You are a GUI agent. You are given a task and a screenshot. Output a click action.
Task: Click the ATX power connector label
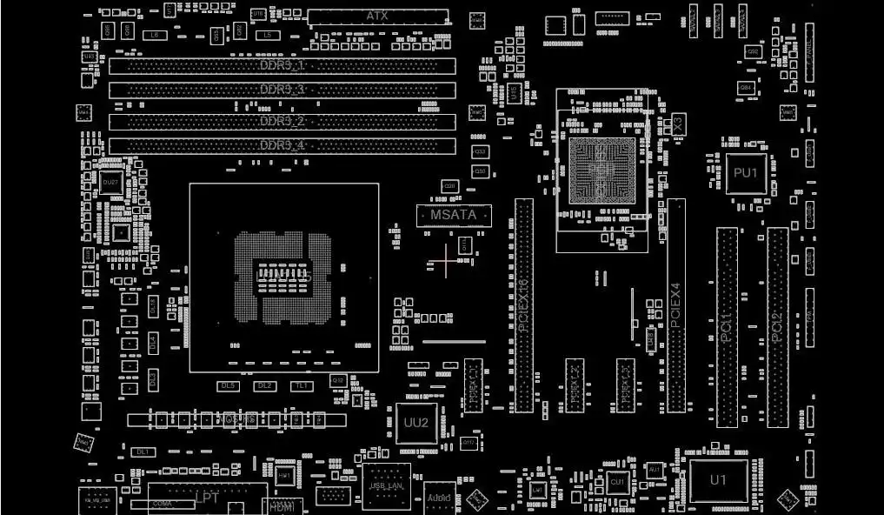coord(377,17)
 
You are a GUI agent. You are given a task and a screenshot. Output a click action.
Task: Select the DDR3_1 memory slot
coord(282,66)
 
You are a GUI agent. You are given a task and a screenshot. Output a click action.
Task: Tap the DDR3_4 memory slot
coord(282,146)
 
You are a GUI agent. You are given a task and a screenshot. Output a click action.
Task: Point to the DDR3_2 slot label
coord(282,121)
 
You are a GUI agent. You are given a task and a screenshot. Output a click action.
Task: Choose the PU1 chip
coord(746,173)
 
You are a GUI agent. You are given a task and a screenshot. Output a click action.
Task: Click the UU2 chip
coord(416,424)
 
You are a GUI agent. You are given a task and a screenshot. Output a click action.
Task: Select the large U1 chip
coord(718,480)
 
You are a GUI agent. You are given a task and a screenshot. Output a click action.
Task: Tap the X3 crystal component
coord(679,123)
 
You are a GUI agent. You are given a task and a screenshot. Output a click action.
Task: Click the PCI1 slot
coord(727,327)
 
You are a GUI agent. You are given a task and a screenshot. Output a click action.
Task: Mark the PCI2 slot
coord(777,327)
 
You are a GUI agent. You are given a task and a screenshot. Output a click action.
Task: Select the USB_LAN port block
coord(386,485)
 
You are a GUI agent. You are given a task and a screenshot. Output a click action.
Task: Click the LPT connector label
coord(207,498)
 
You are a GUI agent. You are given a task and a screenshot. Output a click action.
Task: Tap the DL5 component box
coord(228,385)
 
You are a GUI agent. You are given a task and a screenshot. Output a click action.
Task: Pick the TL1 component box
coord(302,385)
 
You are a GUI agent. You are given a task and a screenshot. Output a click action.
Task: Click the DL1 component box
coord(143,452)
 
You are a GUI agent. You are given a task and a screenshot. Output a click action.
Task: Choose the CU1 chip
coord(617,481)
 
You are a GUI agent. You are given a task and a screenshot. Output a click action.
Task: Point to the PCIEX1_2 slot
coord(575,385)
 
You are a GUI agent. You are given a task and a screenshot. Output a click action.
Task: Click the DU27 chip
coord(110,183)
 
